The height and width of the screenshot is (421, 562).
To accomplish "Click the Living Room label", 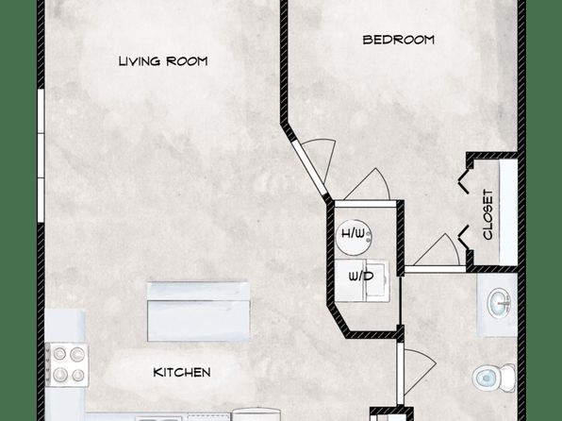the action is pos(163,61).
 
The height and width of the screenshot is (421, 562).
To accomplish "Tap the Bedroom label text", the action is pos(399,40).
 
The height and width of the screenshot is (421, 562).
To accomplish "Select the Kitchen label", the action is pos(182,372).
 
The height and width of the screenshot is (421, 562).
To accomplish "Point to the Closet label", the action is pos(488,214).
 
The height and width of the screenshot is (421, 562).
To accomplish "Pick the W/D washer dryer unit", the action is pos(362,280).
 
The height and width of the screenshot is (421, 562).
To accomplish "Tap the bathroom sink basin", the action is pos(501,303).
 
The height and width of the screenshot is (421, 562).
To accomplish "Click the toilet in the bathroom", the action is pos(494,378).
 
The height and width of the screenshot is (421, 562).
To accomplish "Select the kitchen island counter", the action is pos(199,312).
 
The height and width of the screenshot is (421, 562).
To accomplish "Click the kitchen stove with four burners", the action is pos(67,364).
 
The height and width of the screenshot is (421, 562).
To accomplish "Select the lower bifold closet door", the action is pos(464,237).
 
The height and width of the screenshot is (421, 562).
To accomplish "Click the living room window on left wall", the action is pos(41,156).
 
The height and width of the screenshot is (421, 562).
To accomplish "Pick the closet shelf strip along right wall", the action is pos(508,212).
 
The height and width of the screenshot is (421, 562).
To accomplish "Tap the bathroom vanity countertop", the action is pos(497,305).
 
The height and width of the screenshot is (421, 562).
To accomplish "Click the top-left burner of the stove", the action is pos(59,354).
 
